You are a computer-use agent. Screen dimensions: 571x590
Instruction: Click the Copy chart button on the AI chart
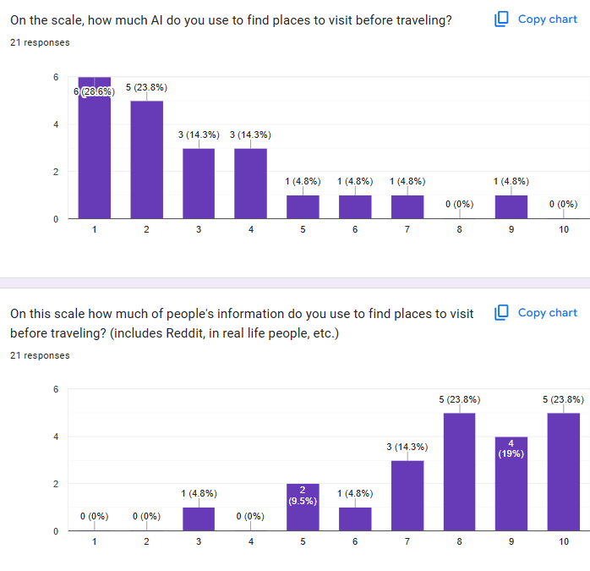pyautogui.click(x=536, y=19)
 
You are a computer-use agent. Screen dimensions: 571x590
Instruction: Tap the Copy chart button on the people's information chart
pyautogui.click(x=536, y=313)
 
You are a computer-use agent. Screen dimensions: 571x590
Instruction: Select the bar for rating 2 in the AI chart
pyautogui.click(x=146, y=161)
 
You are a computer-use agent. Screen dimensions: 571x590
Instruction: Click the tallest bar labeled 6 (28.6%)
pyautogui.click(x=94, y=152)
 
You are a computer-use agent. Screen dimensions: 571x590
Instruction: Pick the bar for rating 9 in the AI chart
pyautogui.click(x=511, y=207)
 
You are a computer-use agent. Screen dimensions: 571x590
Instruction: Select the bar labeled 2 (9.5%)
pyautogui.click(x=303, y=508)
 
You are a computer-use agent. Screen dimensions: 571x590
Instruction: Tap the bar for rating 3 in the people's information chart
pyautogui.click(x=199, y=519)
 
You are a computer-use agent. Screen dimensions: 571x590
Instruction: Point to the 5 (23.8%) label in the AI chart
pyautogui.click(x=146, y=87)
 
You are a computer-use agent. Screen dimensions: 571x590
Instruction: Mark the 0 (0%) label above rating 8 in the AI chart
pyautogui.click(x=459, y=204)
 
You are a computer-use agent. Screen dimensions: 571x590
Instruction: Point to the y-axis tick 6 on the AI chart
pyautogui.click(x=56, y=77)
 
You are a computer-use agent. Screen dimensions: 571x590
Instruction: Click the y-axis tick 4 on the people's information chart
pyautogui.click(x=56, y=436)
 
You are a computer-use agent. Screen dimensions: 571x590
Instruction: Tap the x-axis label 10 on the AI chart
pyautogui.click(x=564, y=229)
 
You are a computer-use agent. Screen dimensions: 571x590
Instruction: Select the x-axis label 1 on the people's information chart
pyautogui.click(x=94, y=541)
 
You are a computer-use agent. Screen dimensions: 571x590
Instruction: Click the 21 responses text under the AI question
pyautogui.click(x=40, y=42)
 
